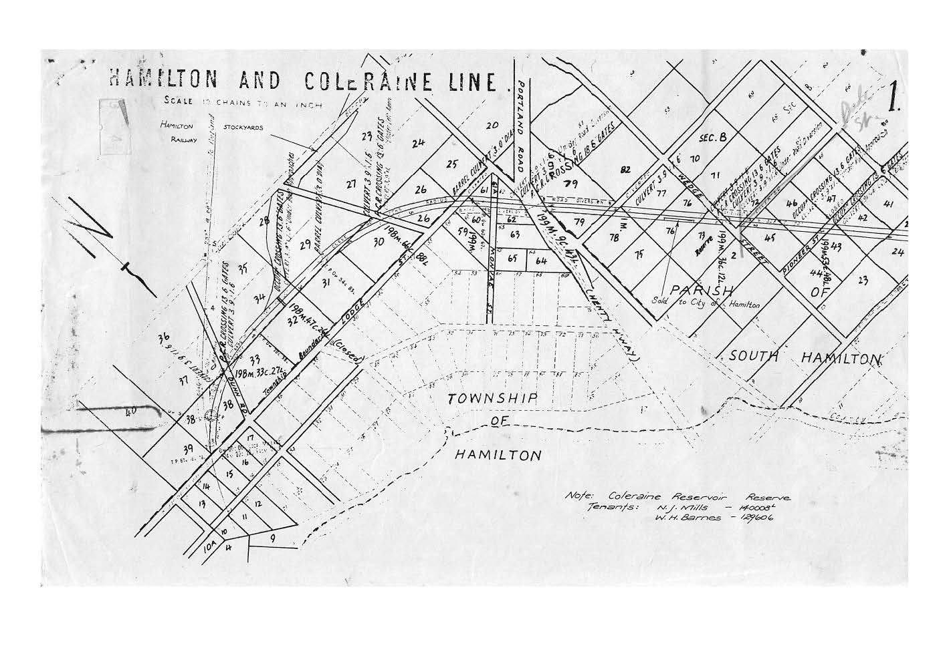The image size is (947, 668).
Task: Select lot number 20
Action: [492, 125]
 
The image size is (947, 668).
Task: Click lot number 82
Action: [625, 169]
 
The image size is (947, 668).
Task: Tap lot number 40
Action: [130, 412]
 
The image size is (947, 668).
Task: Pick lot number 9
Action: [272, 536]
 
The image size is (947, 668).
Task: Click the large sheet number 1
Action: [892, 101]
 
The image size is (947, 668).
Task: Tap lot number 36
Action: [164, 339]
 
